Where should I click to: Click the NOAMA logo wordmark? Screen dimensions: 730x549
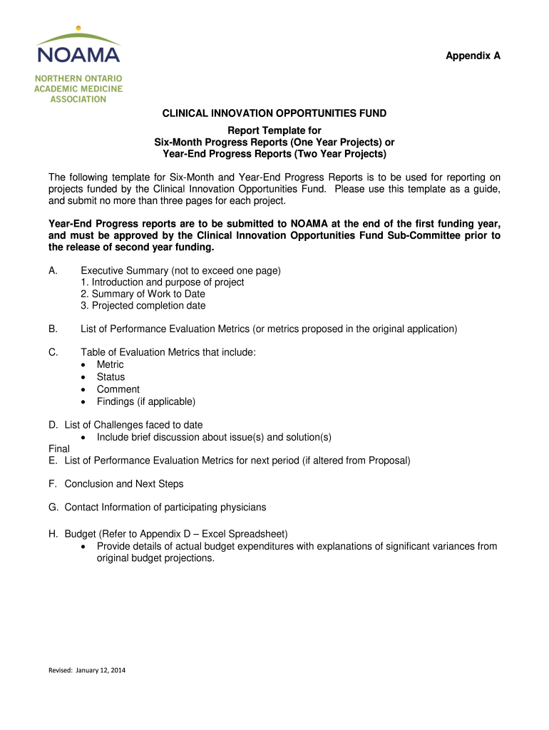[x=78, y=54]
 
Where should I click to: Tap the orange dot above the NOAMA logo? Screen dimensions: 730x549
[x=78, y=29]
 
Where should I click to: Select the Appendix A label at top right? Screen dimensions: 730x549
[x=473, y=56]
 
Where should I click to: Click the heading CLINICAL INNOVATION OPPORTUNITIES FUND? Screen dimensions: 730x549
[x=274, y=113]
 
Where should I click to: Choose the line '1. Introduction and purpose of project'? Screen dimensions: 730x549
[x=163, y=282]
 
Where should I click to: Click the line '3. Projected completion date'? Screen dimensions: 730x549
[x=143, y=306]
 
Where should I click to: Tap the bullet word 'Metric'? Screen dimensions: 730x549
[x=111, y=364]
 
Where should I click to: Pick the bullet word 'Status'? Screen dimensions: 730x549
[x=111, y=376]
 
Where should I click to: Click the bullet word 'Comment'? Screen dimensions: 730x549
[x=118, y=389]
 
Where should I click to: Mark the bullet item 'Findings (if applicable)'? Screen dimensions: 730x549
[x=146, y=401]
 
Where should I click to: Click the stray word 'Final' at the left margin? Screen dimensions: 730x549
[x=59, y=449]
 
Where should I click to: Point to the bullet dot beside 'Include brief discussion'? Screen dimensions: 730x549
[x=85, y=437]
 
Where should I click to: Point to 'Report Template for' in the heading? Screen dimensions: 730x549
[x=274, y=130]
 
